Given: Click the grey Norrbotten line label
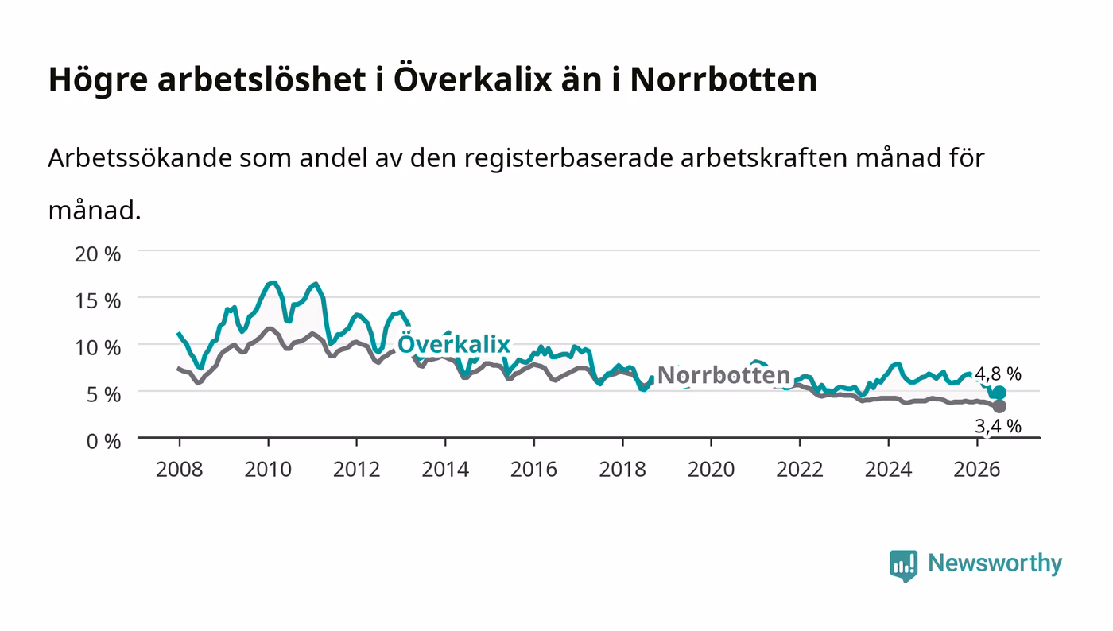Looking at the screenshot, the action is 723,374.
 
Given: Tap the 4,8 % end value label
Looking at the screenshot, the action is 998,374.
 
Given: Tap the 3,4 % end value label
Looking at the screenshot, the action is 998,426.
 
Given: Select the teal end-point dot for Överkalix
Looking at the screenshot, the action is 999,393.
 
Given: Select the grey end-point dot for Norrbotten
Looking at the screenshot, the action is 999,406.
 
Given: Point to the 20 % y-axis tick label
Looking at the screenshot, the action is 97,254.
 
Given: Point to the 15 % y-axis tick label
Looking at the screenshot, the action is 97,300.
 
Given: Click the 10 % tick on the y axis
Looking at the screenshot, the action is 97,347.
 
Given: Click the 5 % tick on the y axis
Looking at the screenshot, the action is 103,394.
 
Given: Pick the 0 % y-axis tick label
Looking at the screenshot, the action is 103,441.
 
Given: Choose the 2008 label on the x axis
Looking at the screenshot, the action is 180,469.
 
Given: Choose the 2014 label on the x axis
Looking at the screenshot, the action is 445,469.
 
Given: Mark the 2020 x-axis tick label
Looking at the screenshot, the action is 711,469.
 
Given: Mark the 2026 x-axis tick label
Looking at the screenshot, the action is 977,469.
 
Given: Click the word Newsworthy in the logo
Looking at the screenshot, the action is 995,563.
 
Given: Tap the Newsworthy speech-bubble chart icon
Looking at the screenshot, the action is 903,566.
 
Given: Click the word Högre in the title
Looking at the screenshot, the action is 98,79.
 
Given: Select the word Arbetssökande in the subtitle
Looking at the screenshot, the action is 140,158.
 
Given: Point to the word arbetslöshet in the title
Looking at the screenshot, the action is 262,79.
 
